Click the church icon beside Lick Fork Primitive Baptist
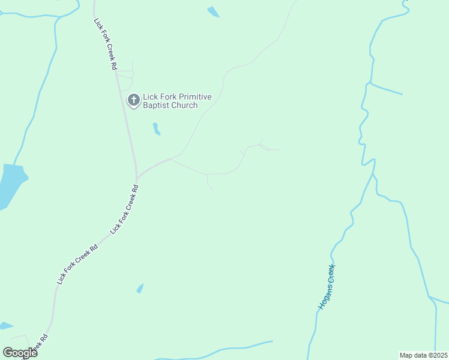[x=133, y=98]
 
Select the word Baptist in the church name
[x=157, y=106]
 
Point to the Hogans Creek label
[x=327, y=287]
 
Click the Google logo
[x=20, y=353]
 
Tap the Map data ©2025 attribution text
[x=424, y=355]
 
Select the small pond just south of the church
[x=156, y=129]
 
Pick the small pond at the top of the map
[x=213, y=11]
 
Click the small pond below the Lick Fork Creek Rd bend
[x=140, y=289]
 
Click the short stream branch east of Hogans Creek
[x=386, y=89]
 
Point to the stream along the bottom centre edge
[x=228, y=349]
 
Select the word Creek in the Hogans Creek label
[x=331, y=274]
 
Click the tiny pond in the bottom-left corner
[x=5, y=326]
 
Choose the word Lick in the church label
[x=150, y=97]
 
